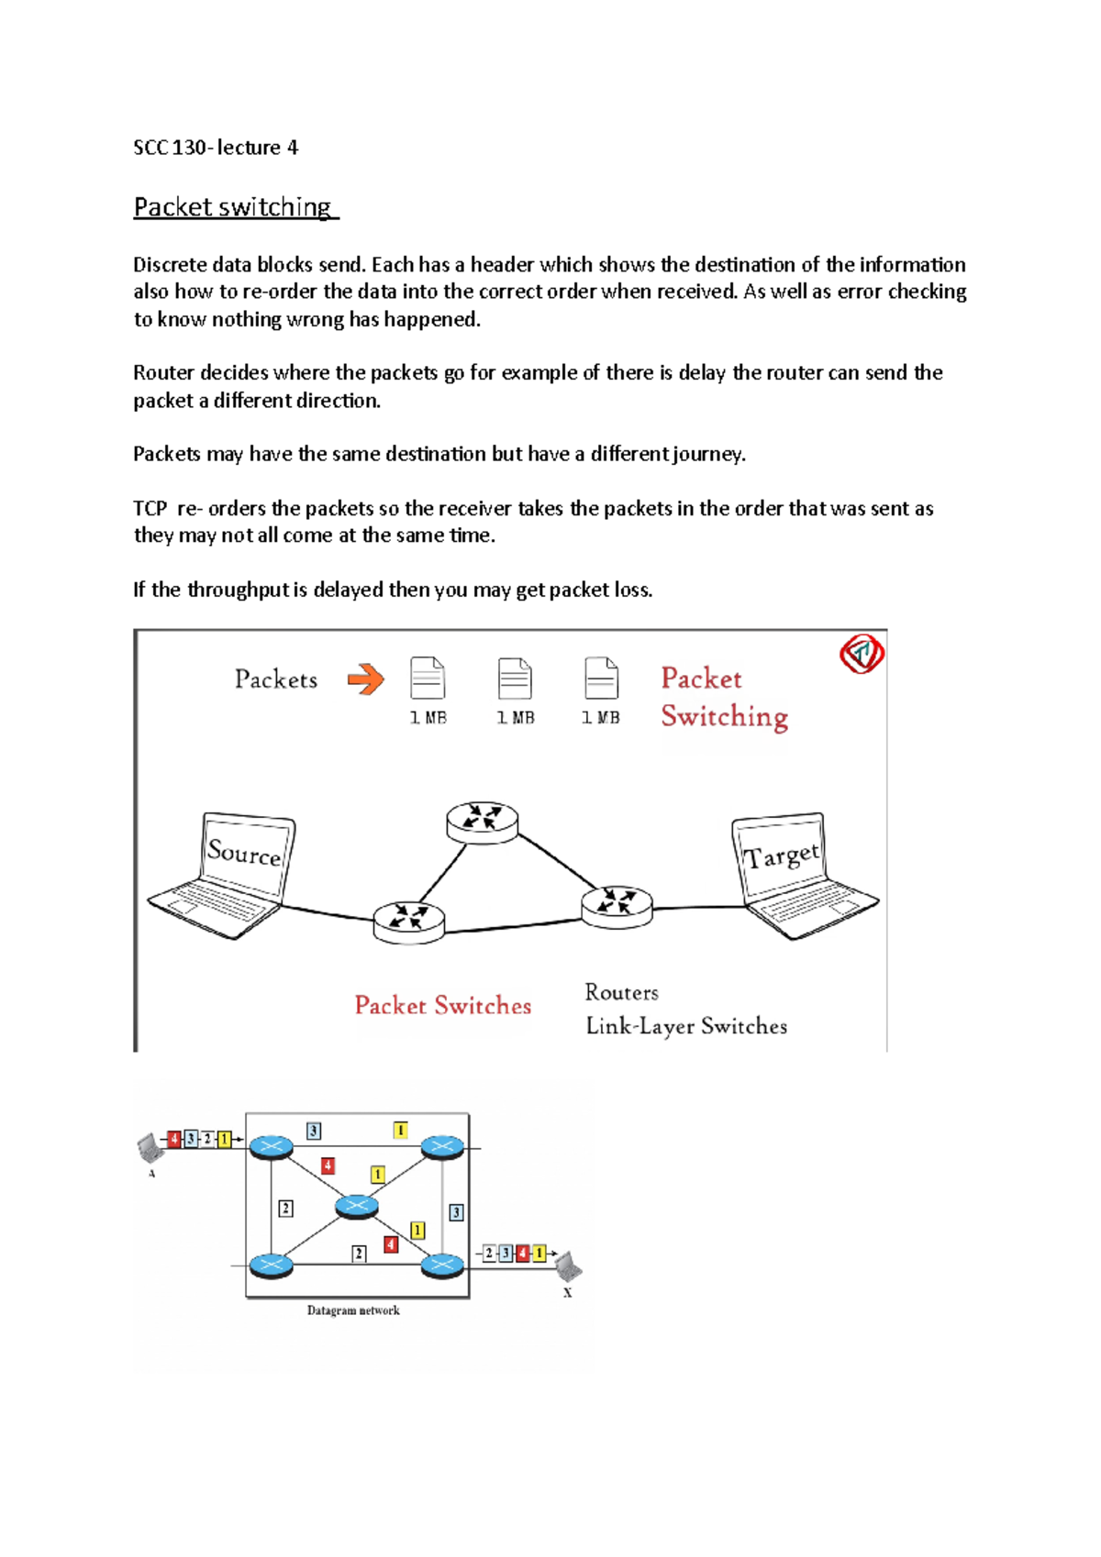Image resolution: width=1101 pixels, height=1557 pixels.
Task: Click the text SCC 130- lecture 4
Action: click(216, 148)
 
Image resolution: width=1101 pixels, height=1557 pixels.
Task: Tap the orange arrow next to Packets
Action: click(365, 679)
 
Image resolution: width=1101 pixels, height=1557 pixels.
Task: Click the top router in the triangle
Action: click(482, 820)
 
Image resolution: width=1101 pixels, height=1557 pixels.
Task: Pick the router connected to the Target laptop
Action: click(617, 905)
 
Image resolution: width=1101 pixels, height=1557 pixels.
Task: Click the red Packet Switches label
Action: click(442, 1006)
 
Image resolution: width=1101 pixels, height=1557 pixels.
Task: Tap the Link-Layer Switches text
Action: click(686, 1026)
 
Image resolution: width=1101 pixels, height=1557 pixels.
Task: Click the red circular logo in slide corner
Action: click(862, 654)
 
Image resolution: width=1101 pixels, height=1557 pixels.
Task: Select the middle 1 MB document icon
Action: click(515, 680)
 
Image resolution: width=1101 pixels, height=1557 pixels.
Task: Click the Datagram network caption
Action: click(353, 1310)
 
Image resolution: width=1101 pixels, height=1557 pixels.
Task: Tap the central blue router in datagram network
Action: click(357, 1206)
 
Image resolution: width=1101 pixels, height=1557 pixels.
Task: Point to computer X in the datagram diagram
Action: click(568, 1265)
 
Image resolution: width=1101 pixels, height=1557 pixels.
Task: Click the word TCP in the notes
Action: click(150, 509)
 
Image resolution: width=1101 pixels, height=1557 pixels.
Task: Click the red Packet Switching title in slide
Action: click(723, 697)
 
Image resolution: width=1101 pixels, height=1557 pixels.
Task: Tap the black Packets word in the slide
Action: click(275, 679)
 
